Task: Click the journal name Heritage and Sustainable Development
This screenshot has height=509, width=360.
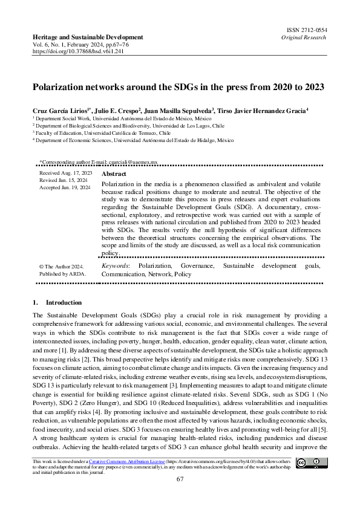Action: pos(88,37)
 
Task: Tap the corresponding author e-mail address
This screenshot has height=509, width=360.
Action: pos(137,163)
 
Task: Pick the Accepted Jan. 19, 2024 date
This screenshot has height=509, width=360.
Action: pos(65,188)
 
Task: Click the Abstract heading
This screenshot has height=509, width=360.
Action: pos(114,173)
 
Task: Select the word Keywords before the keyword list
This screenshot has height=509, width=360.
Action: pos(115,266)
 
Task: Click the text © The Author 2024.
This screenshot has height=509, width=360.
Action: pos(61,266)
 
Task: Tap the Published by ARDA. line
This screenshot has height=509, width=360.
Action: pos(62,274)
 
